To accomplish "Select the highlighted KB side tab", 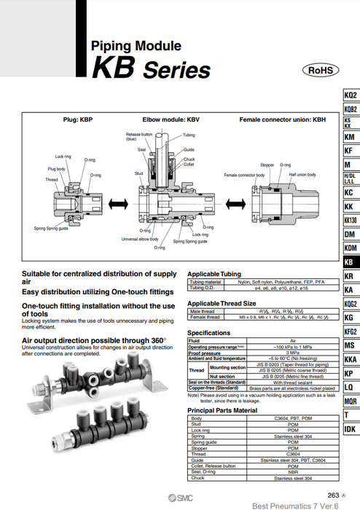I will pos(350,262).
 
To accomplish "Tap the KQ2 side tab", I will pos(350,95).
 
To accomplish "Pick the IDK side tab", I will pos(350,430).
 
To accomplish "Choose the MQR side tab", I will pos(350,401).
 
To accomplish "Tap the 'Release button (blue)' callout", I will pos(139,136).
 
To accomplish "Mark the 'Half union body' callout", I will pos(302,175).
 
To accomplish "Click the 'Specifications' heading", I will pos(208,332).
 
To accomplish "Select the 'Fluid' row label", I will pos(194,340).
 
